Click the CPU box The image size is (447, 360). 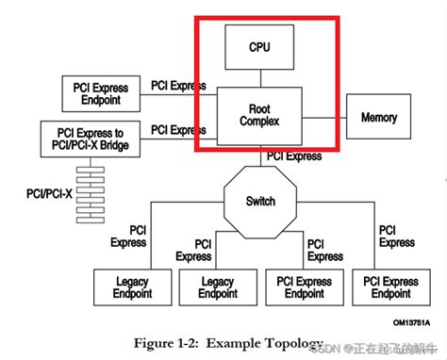pos(259,45)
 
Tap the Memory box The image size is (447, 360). pos(379,118)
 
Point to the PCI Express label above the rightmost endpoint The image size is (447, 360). pos(397,237)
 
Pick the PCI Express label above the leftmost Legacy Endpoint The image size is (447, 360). pos(129,237)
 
